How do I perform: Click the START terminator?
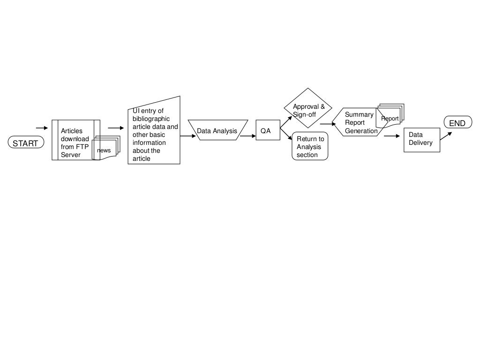click(25, 143)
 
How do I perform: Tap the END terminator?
click(457, 123)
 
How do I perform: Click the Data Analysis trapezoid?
click(217, 131)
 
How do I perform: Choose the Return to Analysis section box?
click(310, 147)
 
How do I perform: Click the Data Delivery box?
click(422, 139)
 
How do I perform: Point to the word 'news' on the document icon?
click(104, 150)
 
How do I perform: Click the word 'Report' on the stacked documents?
click(390, 119)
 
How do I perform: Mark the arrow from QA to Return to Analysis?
click(286, 133)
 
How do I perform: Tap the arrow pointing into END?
click(446, 135)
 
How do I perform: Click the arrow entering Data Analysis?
click(187, 136)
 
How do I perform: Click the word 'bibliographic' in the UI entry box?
click(151, 119)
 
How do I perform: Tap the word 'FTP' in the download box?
click(82, 147)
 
